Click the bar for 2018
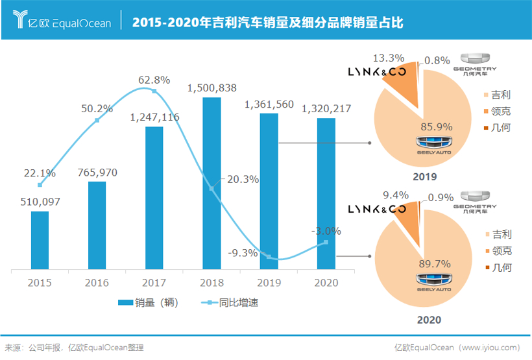tap(212, 184)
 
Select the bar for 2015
tap(40, 241)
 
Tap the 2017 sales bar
tap(154, 198)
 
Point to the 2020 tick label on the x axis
tap(326, 282)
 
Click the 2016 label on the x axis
tap(97, 282)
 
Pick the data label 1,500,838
tap(212, 88)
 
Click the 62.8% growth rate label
tap(154, 80)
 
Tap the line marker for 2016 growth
tap(97, 120)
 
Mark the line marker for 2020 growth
tap(326, 243)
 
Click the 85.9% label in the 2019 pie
tap(435, 126)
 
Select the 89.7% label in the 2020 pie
tap(435, 262)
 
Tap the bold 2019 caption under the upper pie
tap(425, 177)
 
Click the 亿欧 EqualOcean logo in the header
tap(62, 22)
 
